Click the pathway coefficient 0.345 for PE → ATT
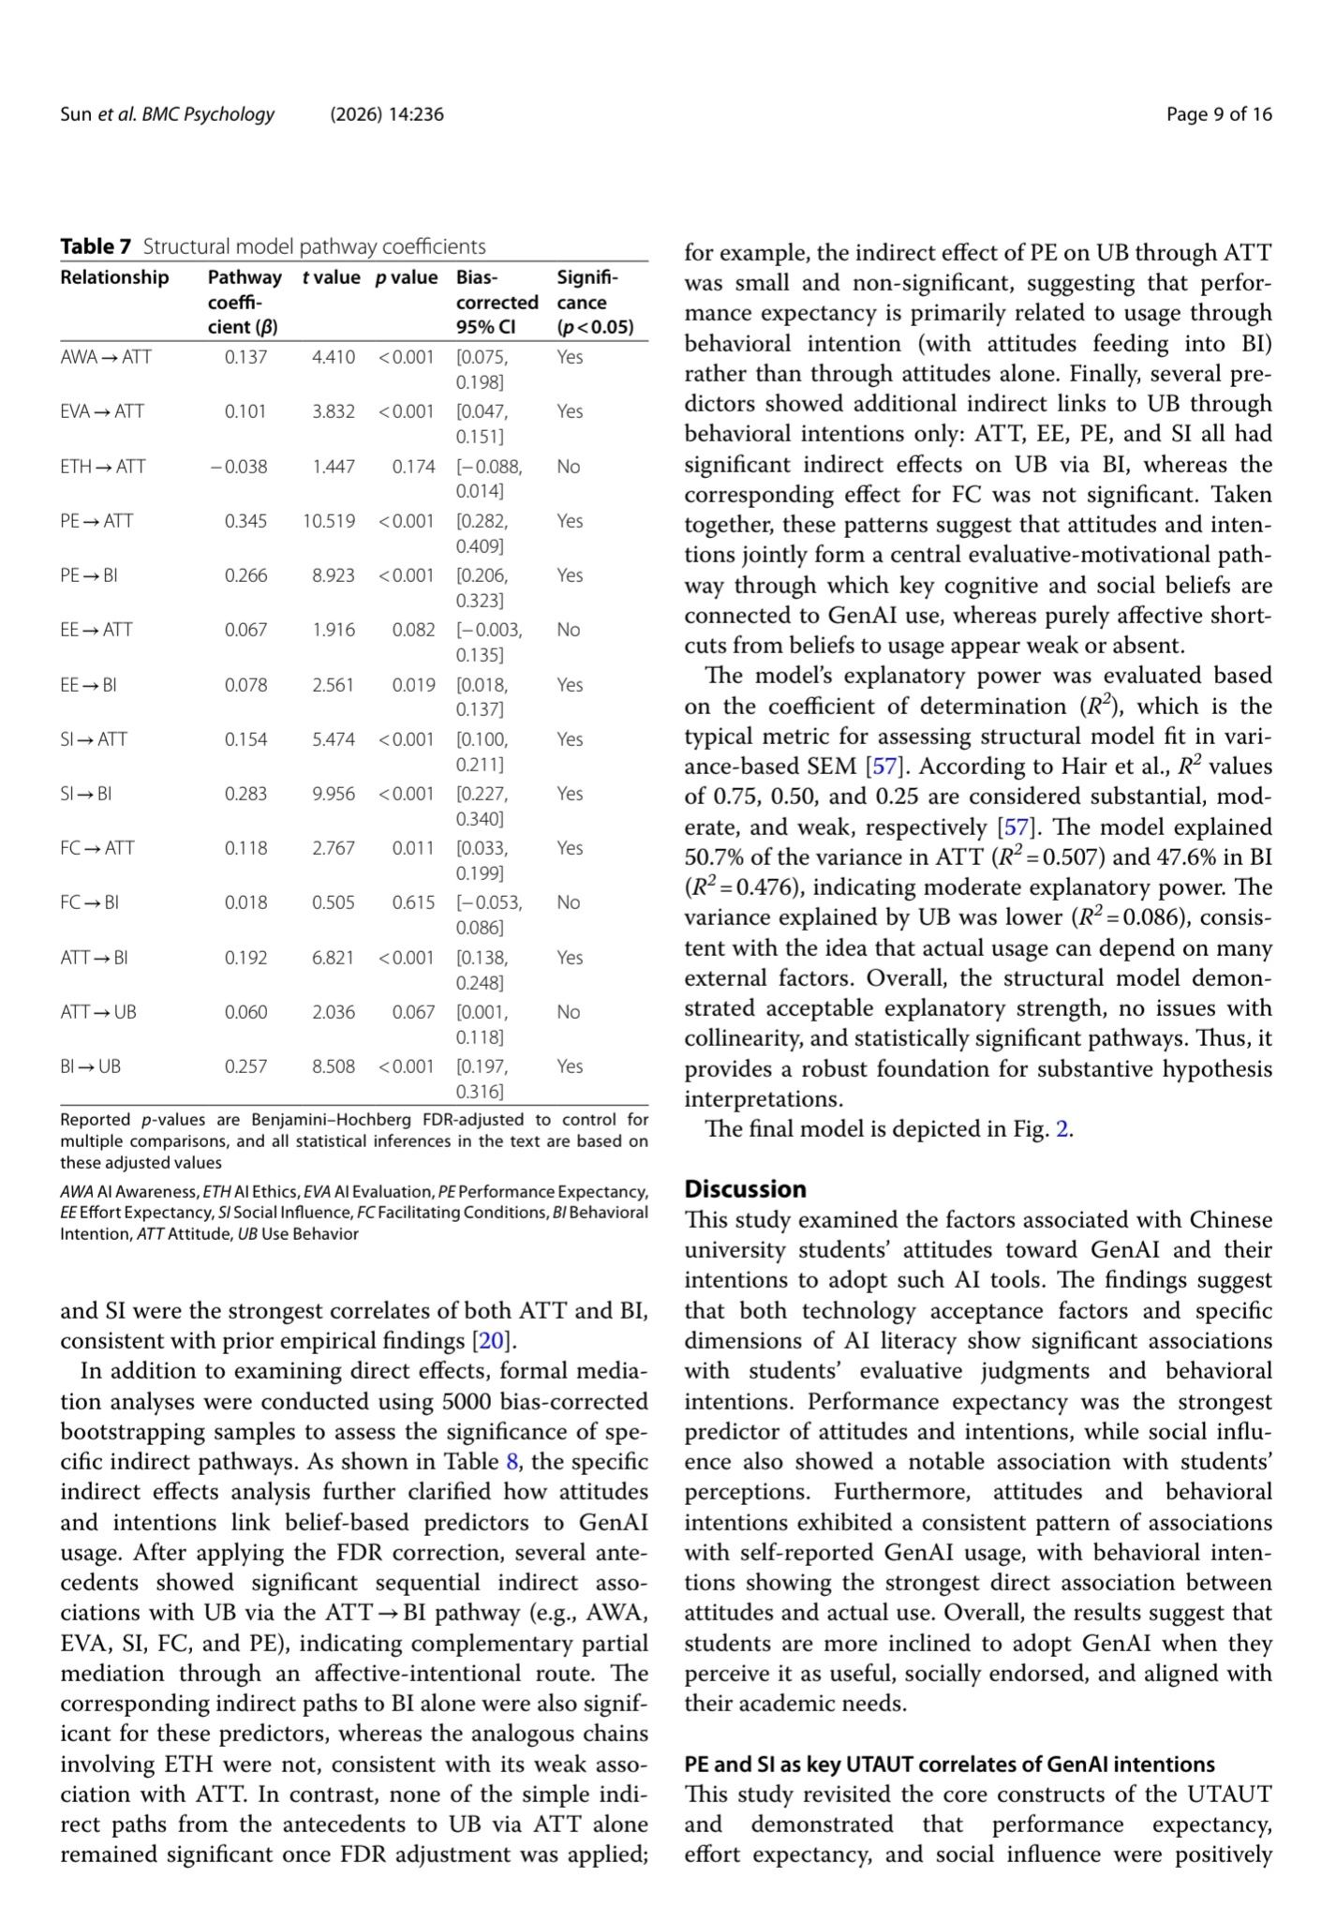[x=245, y=521]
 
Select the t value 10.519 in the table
[x=329, y=521]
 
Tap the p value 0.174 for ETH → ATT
[x=413, y=467]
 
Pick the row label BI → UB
[x=91, y=1066]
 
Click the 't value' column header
[x=332, y=277]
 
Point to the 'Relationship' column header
[x=114, y=277]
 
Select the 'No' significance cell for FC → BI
[x=569, y=902]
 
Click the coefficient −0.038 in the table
[x=239, y=467]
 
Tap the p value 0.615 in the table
[x=413, y=902]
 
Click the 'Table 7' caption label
[x=96, y=246]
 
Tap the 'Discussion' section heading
[x=746, y=1189]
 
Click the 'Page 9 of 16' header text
[x=1219, y=114]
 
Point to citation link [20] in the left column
[x=492, y=1341]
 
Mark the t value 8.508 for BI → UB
[x=334, y=1066]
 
